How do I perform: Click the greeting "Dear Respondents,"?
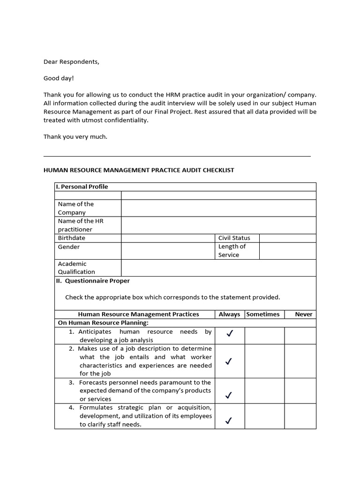71,61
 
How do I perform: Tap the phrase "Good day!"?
59,78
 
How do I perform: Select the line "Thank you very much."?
75,137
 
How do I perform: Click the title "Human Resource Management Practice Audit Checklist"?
139,170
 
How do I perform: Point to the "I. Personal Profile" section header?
82,187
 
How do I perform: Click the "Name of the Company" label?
75,208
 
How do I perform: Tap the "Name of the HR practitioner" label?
80,225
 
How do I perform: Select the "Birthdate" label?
71,238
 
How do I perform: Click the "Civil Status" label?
234,238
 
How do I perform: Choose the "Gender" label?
69,247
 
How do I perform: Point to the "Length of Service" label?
232,251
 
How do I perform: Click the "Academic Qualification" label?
76,268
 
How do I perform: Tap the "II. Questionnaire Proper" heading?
93,281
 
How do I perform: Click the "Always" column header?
229,315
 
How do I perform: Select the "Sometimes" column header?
263,315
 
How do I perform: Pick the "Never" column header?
303,315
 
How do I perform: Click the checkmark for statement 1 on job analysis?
229,334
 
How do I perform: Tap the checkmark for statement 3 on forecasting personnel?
229,395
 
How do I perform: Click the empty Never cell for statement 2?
300,361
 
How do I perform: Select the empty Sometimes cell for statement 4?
264,416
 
